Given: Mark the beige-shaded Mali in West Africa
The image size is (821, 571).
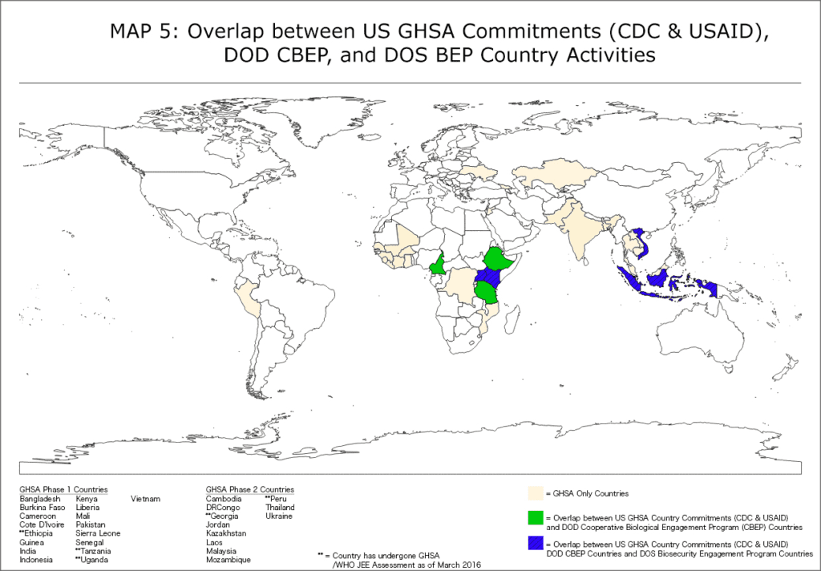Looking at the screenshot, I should [410, 238].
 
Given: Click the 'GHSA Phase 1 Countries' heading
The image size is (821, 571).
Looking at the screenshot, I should [63, 489].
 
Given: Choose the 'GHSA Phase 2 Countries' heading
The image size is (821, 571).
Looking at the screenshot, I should [249, 489].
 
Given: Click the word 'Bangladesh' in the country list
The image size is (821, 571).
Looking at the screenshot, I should [40, 499].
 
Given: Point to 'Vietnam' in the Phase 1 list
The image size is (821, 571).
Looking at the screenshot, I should [145, 499].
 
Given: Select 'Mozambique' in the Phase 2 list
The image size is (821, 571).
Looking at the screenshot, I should [228, 560].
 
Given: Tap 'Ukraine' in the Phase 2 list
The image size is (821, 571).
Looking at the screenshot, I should [279, 516].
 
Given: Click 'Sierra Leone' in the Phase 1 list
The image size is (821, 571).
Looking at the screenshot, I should [98, 533].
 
